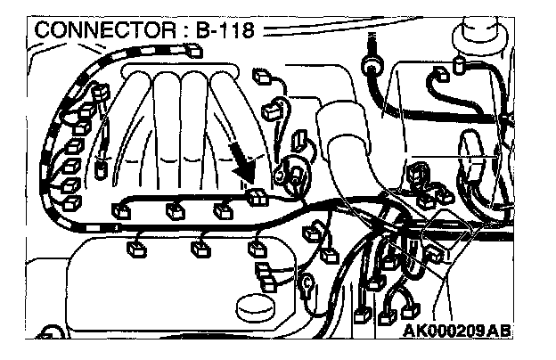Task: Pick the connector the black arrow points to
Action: coord(258,197)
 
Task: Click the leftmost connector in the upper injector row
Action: coord(119,211)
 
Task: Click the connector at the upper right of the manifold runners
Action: coord(273,112)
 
